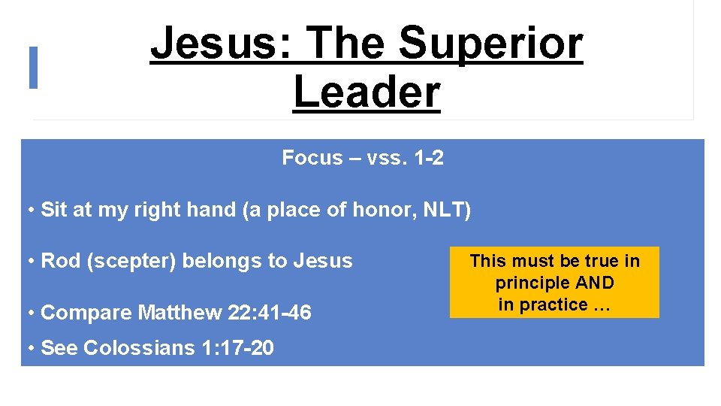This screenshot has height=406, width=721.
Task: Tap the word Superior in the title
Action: [x=490, y=44]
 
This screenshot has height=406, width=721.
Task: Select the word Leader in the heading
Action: [x=367, y=92]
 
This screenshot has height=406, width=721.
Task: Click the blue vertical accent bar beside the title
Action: [x=33, y=68]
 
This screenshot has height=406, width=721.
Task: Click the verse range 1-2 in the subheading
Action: [x=428, y=158]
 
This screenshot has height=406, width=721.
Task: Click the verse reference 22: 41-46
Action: [x=266, y=312]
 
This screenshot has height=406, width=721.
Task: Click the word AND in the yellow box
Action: [x=596, y=283]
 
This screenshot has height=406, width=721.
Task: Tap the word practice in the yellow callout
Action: [x=554, y=304]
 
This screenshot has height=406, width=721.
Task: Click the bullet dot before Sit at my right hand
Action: [x=30, y=210]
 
